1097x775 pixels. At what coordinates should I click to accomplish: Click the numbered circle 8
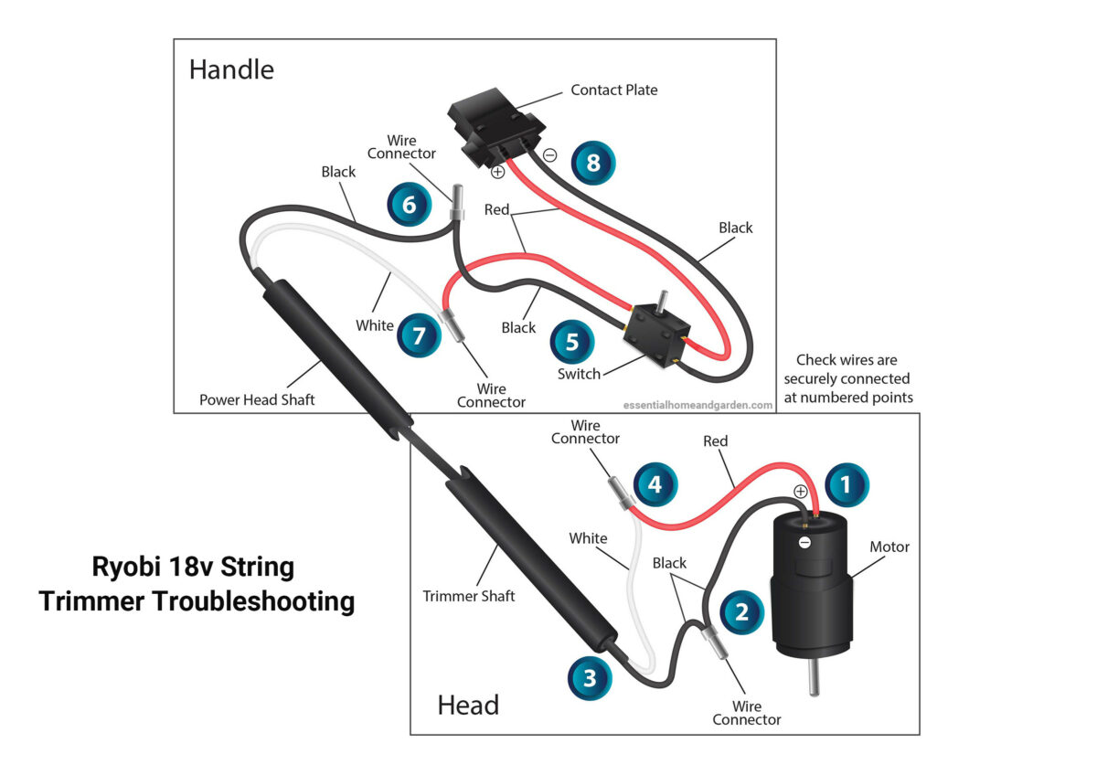click(x=593, y=163)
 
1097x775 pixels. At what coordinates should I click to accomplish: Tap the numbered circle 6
click(x=409, y=204)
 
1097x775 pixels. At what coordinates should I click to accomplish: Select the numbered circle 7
click(x=419, y=335)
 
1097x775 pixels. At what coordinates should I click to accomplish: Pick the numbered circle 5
click(x=572, y=342)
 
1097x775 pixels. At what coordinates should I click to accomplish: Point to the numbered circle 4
click(x=655, y=484)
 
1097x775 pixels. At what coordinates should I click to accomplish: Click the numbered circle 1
click(x=847, y=484)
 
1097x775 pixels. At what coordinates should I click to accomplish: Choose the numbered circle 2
click(x=741, y=612)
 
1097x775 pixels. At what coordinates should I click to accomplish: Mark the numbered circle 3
click(x=590, y=678)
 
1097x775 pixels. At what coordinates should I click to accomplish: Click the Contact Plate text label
click(x=614, y=90)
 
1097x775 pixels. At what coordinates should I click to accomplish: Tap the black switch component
click(x=656, y=335)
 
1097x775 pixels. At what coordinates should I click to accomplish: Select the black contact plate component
click(x=495, y=127)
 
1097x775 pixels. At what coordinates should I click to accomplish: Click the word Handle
click(x=231, y=69)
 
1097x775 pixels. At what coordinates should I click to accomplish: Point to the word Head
click(x=468, y=705)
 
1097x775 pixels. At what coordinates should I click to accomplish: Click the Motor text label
click(x=889, y=547)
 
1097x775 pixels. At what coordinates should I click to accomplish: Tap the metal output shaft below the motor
click(x=814, y=676)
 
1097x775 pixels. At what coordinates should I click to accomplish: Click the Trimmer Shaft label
click(x=469, y=596)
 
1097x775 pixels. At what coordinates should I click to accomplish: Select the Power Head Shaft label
click(x=257, y=399)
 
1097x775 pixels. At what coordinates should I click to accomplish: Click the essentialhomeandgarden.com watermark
click(x=698, y=405)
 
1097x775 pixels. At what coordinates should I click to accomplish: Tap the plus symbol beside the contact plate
click(x=497, y=172)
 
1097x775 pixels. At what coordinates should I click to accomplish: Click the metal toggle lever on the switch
click(x=662, y=300)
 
